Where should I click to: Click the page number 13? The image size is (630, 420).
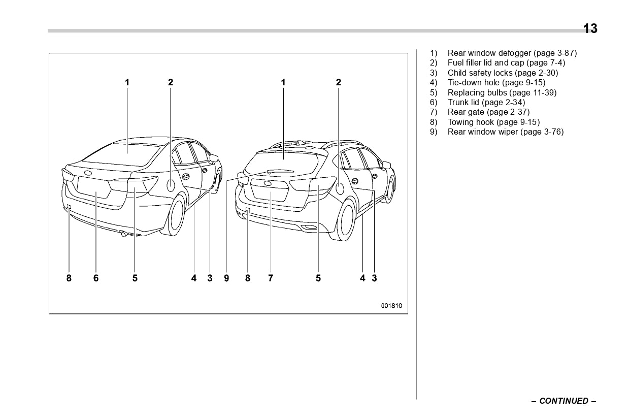point(590,28)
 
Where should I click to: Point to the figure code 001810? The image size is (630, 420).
point(391,306)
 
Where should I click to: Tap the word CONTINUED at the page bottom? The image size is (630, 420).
point(563,401)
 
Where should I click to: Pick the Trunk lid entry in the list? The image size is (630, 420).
point(486,102)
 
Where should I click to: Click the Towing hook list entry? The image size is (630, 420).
point(493,122)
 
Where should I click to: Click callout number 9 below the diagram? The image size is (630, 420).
point(226,278)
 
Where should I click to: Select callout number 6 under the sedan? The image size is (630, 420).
point(96,278)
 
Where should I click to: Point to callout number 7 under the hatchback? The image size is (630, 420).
point(271,278)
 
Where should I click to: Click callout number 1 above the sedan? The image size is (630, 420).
point(127,82)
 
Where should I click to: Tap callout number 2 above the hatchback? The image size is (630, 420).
point(339,82)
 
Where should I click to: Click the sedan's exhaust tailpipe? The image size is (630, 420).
point(123,234)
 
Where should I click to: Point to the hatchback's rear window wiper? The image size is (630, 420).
point(279,172)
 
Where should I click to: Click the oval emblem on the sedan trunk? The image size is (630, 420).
point(88,173)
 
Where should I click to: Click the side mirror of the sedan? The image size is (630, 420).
point(215,158)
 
